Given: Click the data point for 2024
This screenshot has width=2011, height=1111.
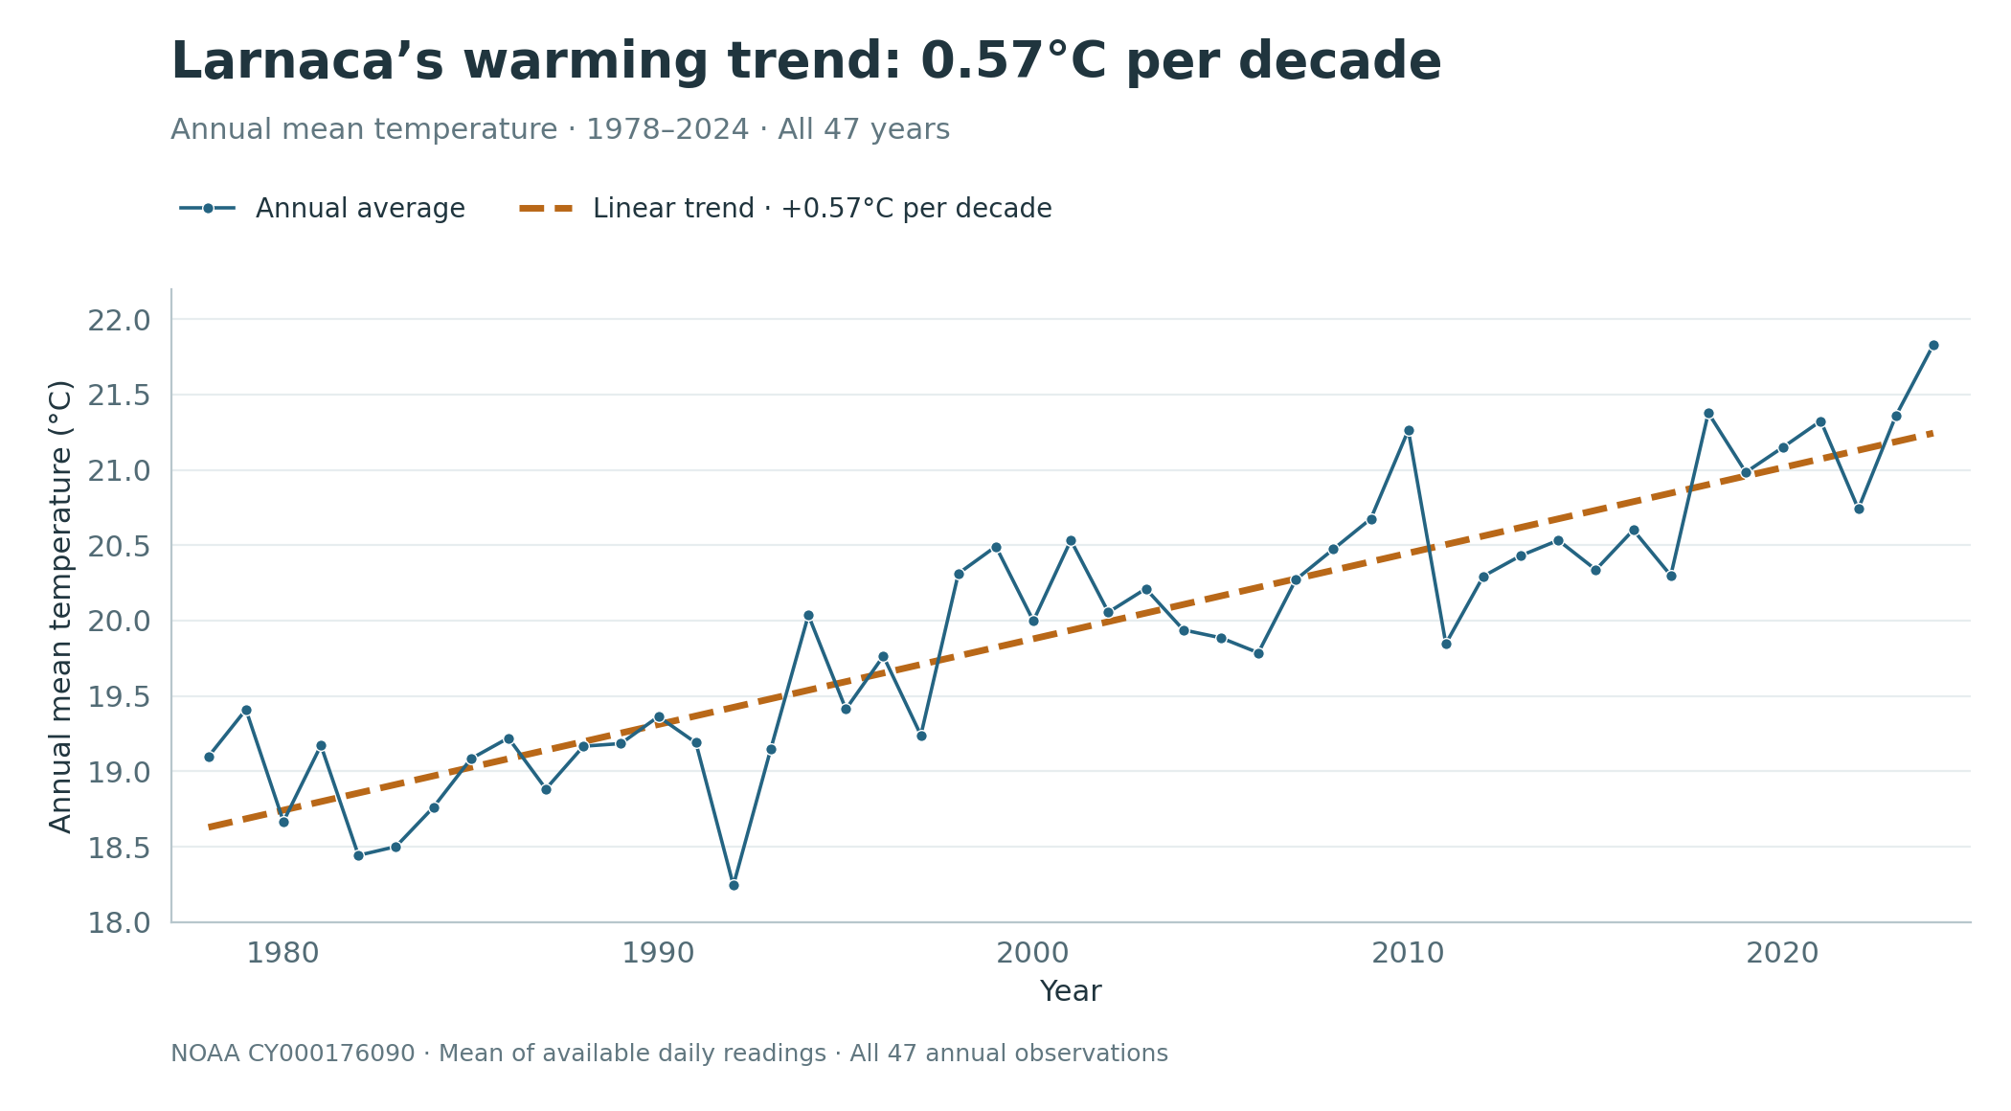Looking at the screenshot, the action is click(x=1933, y=346).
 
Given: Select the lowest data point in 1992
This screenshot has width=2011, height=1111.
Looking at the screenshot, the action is click(x=734, y=885).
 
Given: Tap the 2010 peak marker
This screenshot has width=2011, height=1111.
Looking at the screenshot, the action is click(x=1409, y=431).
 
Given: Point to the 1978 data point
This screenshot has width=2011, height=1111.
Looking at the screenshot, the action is click(x=209, y=757).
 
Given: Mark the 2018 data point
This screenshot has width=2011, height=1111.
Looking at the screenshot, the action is click(x=1708, y=414).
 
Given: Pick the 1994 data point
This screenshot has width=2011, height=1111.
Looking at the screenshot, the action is click(x=808, y=616).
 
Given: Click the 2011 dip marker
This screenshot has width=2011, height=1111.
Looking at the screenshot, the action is click(x=1446, y=644).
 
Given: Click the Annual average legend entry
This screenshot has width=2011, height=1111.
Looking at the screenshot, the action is click(x=322, y=209).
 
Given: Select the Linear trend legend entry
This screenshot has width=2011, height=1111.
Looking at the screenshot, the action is click(x=785, y=209).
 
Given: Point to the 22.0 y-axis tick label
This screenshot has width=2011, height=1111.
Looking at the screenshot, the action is click(x=120, y=320).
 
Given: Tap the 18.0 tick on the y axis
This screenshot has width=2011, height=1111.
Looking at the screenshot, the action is click(x=120, y=923).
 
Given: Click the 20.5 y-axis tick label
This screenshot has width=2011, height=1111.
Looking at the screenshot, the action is click(x=120, y=546).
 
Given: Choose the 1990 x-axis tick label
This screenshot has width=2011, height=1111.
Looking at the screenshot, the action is click(x=658, y=954).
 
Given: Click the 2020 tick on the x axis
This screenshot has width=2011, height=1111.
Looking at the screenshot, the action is click(x=1782, y=954).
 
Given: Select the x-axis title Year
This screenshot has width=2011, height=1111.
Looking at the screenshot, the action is click(x=1071, y=992).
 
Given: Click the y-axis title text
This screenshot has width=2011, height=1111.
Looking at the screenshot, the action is click(x=60, y=606).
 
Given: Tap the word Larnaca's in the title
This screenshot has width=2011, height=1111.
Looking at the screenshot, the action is click(x=307, y=63).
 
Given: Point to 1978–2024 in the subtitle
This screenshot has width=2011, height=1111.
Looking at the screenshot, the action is click(x=667, y=129).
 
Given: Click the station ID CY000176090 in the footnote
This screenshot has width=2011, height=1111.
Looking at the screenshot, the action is click(x=331, y=1054).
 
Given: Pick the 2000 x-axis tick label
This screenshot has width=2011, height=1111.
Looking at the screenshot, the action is click(x=1032, y=954).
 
